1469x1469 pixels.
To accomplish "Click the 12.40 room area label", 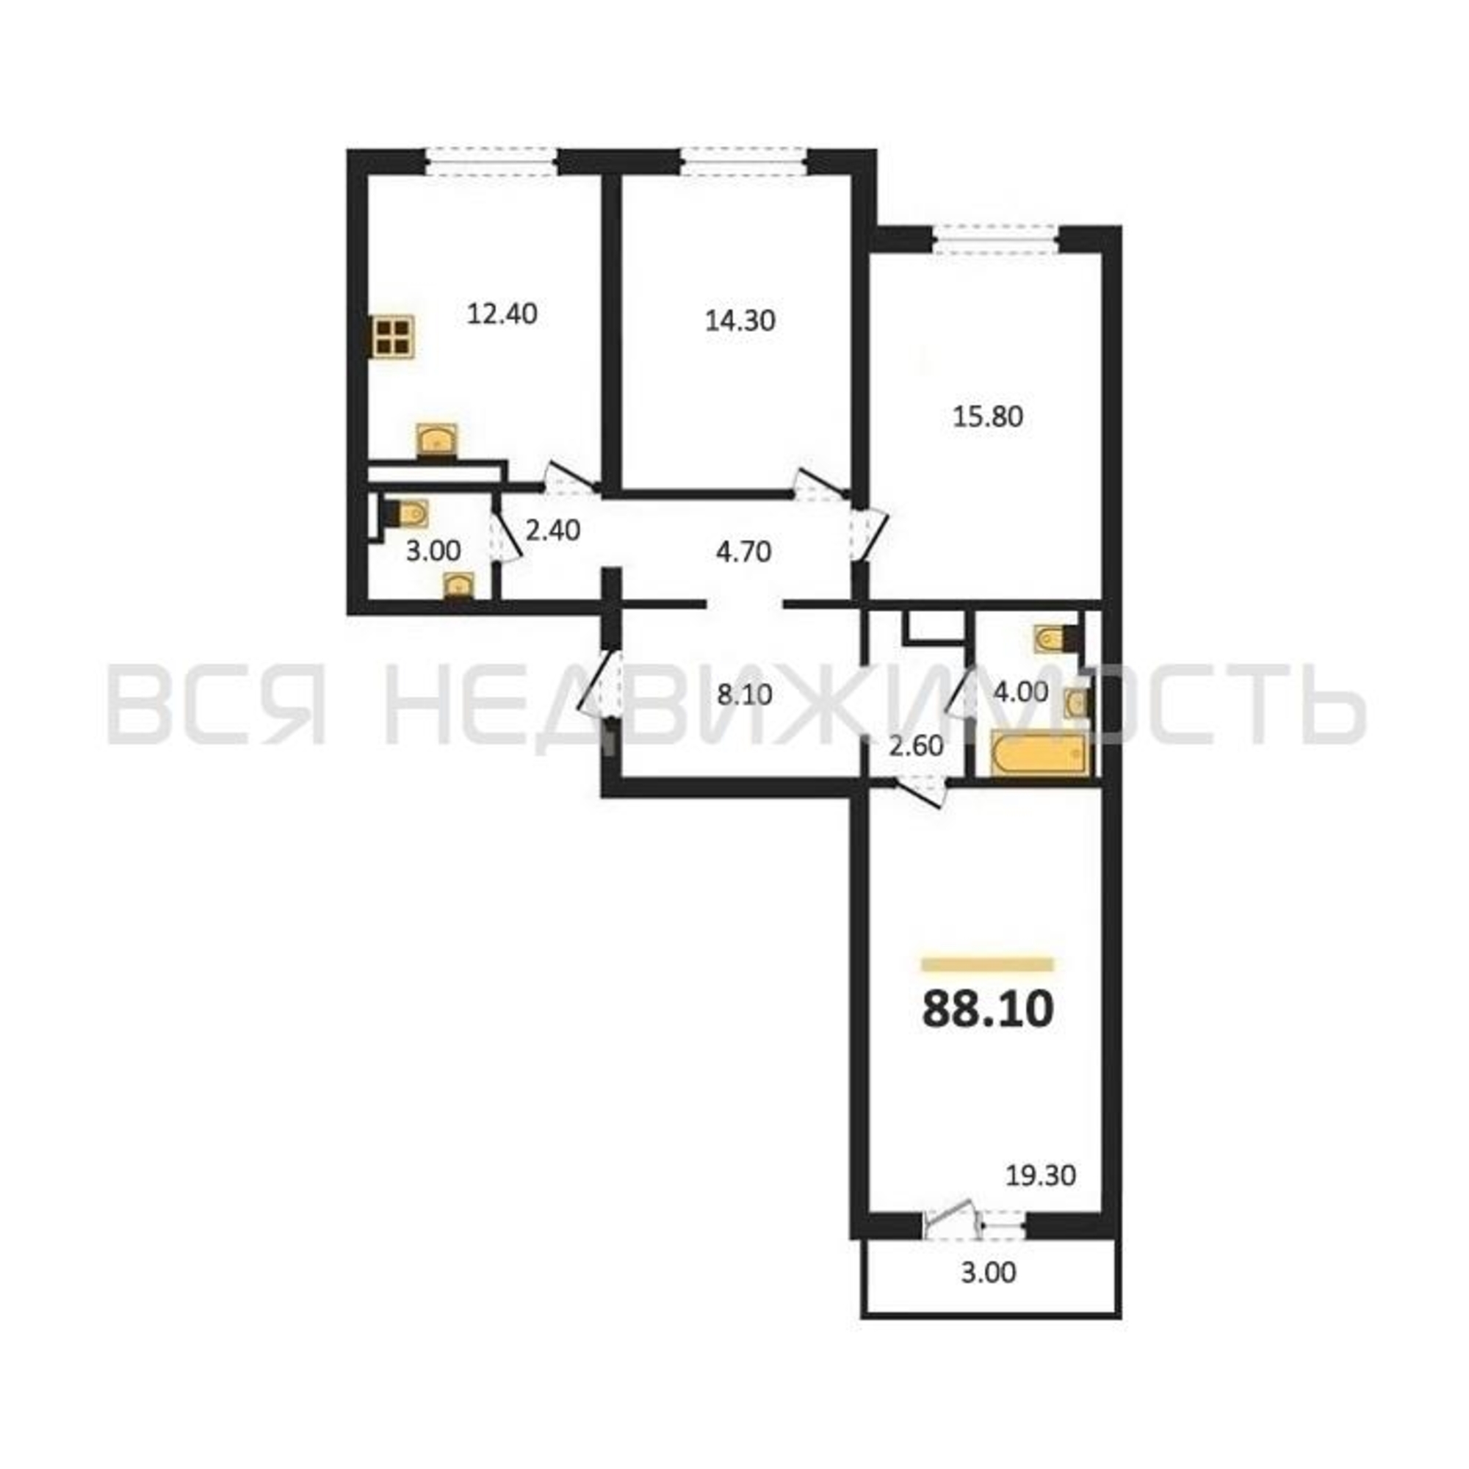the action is click(502, 314).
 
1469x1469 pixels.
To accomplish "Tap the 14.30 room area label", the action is click(740, 321).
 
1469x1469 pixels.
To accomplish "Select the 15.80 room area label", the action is click(988, 416).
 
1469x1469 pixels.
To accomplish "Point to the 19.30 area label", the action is click(1041, 1197).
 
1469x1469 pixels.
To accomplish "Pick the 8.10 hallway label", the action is click(743, 694).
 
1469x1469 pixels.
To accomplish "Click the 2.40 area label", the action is click(553, 530).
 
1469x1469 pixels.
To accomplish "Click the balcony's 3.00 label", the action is click(989, 1293).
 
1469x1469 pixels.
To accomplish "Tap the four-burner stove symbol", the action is click(393, 336).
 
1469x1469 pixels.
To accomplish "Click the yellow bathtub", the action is click(1039, 753).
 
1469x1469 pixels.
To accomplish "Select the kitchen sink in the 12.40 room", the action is click(436, 441).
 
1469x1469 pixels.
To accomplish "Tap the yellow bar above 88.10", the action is click(987, 965).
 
